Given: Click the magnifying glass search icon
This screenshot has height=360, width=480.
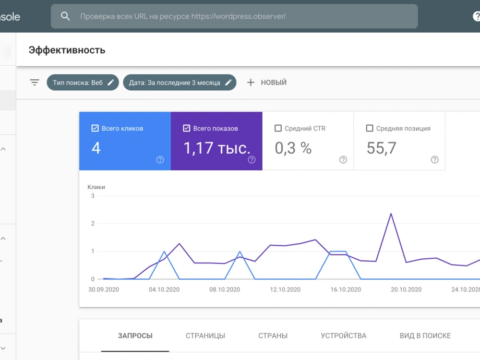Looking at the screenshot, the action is [x=65, y=16].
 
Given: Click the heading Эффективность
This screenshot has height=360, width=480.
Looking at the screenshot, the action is [x=67, y=50].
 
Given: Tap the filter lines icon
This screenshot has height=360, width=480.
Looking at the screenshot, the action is [x=35, y=83].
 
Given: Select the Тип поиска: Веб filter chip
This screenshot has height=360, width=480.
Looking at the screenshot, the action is [x=83, y=83].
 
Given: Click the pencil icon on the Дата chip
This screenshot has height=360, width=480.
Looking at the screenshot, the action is [x=228, y=83].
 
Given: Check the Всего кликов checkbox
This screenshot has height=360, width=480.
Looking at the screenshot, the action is [x=95, y=128].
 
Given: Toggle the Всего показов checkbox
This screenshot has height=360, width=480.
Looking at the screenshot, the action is [x=186, y=128].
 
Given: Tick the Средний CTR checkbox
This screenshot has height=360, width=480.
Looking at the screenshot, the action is [x=278, y=128].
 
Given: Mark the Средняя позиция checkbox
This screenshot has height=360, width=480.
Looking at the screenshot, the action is [x=370, y=128].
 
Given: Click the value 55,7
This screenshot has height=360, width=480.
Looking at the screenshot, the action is [x=382, y=148].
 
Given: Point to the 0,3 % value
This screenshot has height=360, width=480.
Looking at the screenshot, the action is [x=293, y=148].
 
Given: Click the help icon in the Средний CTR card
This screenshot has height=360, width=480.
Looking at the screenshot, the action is [x=343, y=159].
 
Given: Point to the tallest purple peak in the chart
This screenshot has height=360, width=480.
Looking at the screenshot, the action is [x=391, y=214].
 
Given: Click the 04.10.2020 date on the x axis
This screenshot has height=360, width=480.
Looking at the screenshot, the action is [x=164, y=289].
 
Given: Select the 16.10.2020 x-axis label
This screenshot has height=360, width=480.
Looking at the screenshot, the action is [x=346, y=289].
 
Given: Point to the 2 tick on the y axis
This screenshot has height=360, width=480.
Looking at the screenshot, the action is [x=93, y=224].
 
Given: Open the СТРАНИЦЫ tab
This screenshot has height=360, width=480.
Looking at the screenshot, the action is [x=205, y=336].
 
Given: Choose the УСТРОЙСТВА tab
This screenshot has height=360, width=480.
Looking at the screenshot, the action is [x=344, y=336].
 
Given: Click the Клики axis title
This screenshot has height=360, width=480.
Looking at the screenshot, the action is [x=96, y=187].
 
